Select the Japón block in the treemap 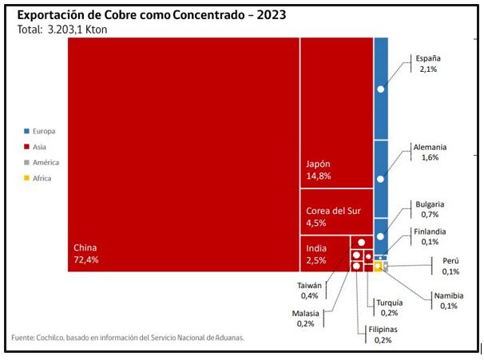coord(336,112)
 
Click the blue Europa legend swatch coord(27,131)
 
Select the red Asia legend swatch coord(27,147)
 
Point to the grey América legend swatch coord(27,163)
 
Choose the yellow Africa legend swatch coord(27,179)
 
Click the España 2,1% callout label coord(426,64)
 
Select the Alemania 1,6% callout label coord(430,152)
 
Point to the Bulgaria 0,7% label coord(430,209)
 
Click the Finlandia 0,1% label coord(430,237)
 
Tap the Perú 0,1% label coord(450,266)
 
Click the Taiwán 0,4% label coord(309,291)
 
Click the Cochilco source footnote coord(128,338)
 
